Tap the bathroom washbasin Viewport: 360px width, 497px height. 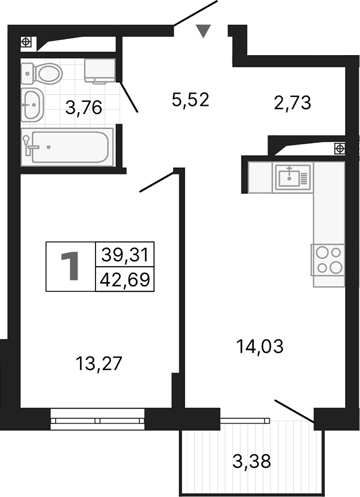point(32,104)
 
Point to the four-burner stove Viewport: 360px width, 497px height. point(328,259)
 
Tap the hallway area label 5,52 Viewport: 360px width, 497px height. point(190,100)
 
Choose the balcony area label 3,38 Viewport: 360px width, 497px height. point(252,460)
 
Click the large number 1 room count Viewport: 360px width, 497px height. point(71,267)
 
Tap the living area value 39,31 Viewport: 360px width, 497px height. point(125,253)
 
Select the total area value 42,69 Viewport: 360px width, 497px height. point(125,280)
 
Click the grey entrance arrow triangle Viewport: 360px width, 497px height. point(202,31)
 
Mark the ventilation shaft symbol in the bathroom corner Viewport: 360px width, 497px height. point(26,41)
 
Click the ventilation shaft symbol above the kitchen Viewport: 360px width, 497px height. point(340,148)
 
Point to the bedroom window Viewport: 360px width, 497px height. point(97,419)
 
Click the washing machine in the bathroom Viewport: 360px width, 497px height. point(99,70)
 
